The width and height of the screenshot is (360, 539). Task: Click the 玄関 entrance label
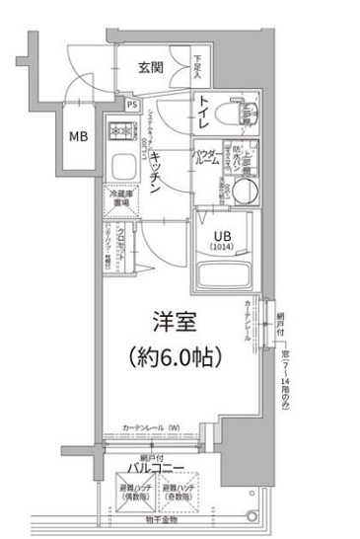point(150,68)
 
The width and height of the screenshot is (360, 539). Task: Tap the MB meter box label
point(77,136)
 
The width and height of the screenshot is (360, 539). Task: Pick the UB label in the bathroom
point(224,235)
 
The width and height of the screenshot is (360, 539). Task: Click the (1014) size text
point(224,248)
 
